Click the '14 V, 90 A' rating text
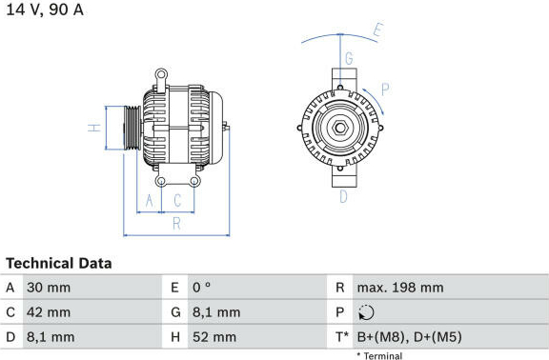click(x=45, y=10)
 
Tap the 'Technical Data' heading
click(x=59, y=264)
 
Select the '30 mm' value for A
click(x=49, y=288)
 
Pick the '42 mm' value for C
click(x=49, y=312)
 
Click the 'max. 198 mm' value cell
click(x=400, y=288)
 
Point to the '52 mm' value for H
click(x=214, y=337)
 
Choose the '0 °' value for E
click(x=202, y=288)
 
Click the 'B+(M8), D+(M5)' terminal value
click(x=409, y=337)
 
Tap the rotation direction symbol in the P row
click(x=366, y=312)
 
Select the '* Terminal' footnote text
click(x=379, y=356)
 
